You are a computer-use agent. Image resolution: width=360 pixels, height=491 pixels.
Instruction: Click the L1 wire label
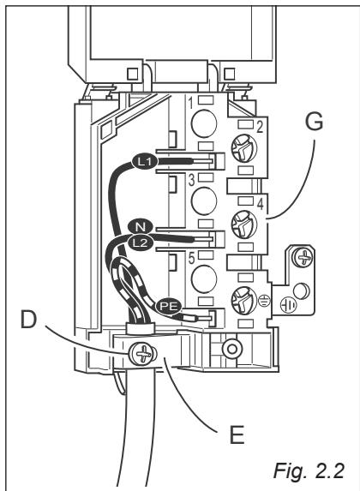point(144,159)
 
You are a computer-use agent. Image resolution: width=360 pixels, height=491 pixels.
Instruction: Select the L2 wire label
point(141,242)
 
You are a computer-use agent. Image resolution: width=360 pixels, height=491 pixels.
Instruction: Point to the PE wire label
point(169,303)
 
